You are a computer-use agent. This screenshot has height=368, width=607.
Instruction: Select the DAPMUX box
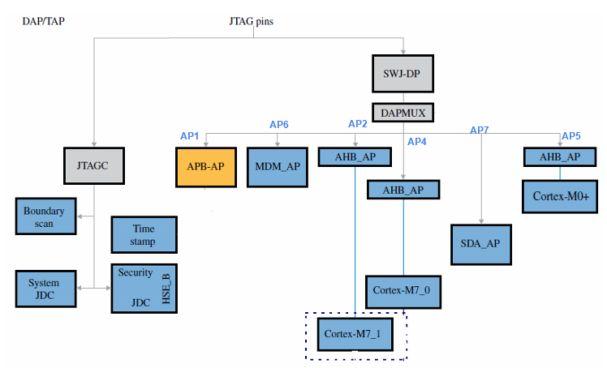click(403, 113)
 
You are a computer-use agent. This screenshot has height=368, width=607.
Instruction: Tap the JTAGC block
click(96, 166)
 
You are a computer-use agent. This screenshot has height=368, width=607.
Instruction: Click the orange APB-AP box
click(206, 166)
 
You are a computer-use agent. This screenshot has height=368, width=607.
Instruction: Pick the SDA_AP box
click(482, 244)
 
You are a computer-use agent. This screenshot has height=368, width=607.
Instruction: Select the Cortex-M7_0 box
click(403, 289)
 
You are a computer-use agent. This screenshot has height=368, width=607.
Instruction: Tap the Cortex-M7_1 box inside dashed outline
click(355, 333)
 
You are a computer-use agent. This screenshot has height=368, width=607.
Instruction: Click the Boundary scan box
click(45, 216)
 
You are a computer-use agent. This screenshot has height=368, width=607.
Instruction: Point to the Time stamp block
click(144, 234)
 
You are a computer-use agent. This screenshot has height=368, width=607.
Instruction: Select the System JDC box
click(45, 289)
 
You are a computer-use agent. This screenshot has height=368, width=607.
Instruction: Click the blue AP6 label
click(279, 125)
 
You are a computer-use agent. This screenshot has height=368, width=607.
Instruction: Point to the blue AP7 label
click(480, 131)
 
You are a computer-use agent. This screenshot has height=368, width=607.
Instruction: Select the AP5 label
click(571, 135)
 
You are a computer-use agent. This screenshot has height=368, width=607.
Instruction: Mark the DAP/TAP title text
click(44, 18)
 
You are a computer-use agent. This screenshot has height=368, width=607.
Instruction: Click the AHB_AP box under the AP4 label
click(403, 190)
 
